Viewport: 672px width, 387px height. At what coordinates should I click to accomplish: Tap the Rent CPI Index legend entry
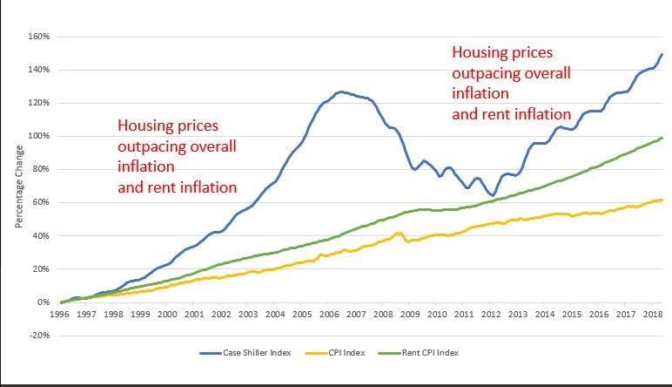[426, 353]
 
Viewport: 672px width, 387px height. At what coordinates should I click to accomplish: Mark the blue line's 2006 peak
[340, 91]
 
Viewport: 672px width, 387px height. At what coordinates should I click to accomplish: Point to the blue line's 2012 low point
[493, 195]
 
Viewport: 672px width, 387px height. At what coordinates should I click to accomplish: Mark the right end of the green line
[662, 138]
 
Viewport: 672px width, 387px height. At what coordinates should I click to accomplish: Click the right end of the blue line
[662, 54]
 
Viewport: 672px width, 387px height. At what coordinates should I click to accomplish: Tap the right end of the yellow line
[662, 200]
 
